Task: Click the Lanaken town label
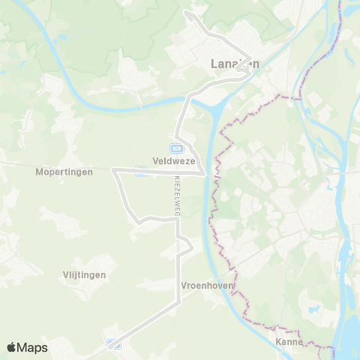[x=232, y=64]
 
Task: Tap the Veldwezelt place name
[x=174, y=160]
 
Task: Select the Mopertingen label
[x=64, y=172]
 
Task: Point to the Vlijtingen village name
[x=85, y=275]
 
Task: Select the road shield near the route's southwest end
[x=114, y=343]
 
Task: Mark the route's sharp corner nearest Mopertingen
[x=113, y=171]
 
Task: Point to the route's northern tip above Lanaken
[x=188, y=13]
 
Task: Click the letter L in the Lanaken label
[x=206, y=64]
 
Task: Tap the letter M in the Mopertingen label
[x=39, y=172]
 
